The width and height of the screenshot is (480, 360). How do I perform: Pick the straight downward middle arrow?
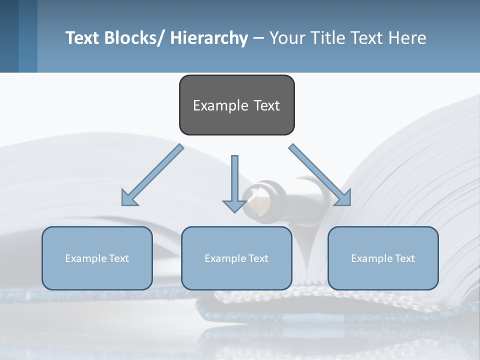(x=234, y=182)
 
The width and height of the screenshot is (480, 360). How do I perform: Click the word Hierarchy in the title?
(x=209, y=38)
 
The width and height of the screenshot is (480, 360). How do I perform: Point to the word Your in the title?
(x=287, y=38)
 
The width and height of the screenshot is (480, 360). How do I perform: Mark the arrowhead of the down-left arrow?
(x=129, y=198)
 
